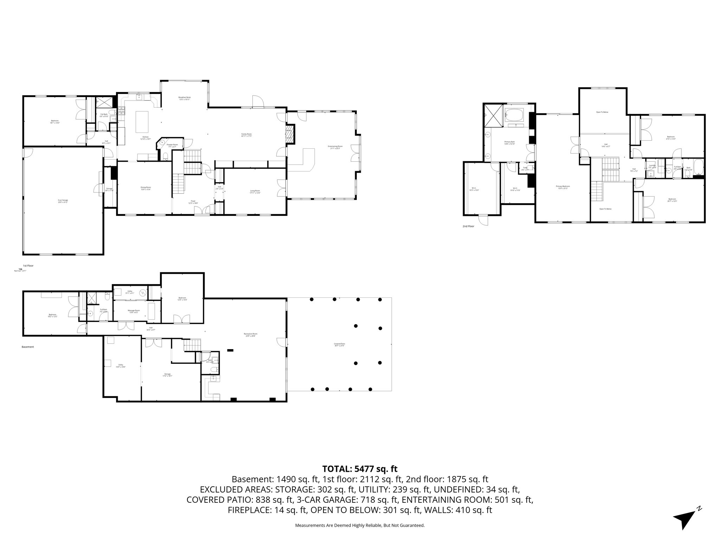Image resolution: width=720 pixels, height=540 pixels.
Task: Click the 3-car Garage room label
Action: click(x=63, y=201)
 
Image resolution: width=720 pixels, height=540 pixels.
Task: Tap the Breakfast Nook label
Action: click(x=185, y=98)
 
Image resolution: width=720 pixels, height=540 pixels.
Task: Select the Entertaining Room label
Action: click(x=335, y=147)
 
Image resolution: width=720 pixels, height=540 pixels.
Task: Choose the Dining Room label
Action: click(x=146, y=188)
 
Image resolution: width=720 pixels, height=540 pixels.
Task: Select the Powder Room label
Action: click(x=172, y=145)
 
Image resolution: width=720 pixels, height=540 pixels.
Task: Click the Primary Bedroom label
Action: click(x=563, y=187)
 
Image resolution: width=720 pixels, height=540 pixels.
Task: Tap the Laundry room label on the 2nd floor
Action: click(x=652, y=166)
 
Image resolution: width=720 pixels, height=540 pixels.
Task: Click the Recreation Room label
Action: click(x=251, y=335)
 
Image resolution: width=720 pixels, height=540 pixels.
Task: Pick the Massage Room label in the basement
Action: click(x=134, y=311)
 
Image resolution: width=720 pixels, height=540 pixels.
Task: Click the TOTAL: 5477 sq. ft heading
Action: click(x=360, y=469)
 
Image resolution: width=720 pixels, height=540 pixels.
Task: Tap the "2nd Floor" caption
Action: click(x=468, y=226)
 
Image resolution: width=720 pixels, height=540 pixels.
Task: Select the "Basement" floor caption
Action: click(x=28, y=347)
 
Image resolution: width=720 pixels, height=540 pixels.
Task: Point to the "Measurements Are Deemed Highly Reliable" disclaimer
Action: click(x=360, y=526)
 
